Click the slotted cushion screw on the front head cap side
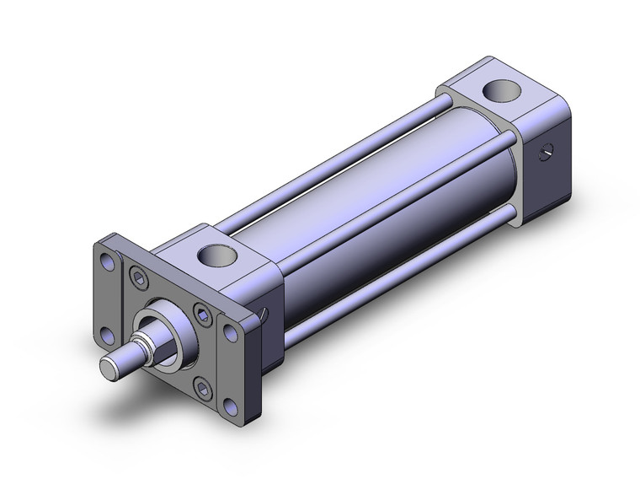pyautogui.click(x=264, y=315)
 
